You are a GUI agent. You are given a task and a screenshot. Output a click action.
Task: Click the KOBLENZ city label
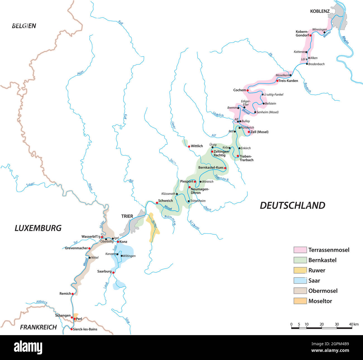320,11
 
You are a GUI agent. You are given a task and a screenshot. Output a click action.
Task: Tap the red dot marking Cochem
248,90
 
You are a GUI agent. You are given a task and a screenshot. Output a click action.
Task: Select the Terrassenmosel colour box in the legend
300,250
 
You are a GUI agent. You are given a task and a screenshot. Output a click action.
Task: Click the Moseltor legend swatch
300,301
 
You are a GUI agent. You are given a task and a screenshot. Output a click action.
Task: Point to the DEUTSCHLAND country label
292,205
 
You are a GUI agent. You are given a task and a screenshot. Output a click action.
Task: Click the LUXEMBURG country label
38,228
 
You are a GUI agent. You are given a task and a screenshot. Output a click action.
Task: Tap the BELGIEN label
24,26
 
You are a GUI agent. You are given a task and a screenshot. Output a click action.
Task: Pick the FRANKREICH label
38,327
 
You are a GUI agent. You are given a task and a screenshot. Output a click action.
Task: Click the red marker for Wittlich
189,146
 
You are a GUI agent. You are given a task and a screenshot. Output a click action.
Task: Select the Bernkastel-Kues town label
211,168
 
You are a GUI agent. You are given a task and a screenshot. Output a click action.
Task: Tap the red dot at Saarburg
113,273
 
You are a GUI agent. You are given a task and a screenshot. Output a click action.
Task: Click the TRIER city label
127,216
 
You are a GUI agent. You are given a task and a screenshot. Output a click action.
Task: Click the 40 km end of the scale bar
352,327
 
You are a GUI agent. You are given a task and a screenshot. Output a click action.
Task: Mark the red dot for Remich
73,294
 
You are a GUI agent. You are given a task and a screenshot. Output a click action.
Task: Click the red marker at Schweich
157,203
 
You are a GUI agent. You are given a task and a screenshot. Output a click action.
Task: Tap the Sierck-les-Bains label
85,329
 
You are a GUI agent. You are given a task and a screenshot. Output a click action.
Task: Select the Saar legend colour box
300,281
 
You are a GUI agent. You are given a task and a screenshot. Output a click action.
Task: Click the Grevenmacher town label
76,248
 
